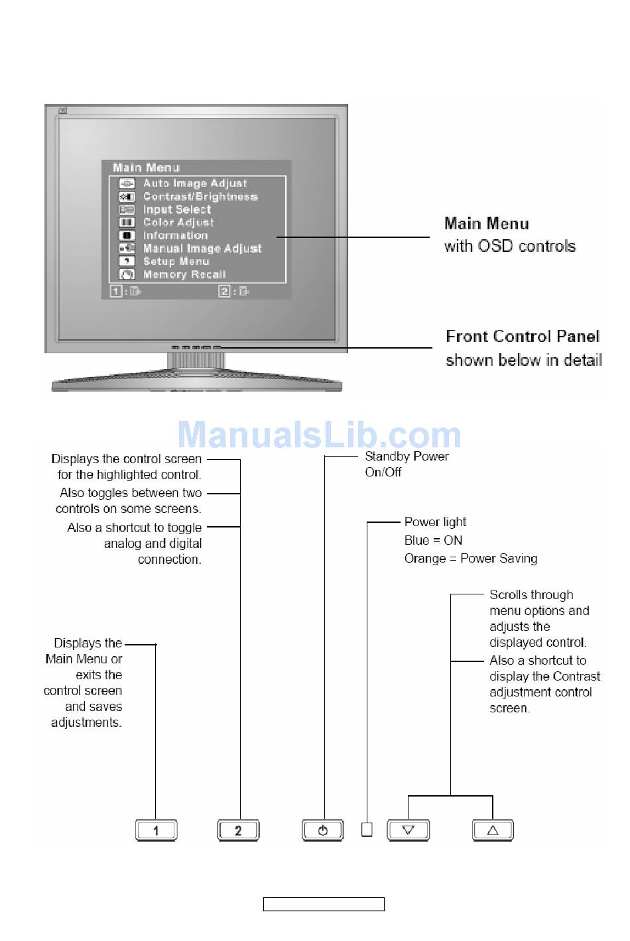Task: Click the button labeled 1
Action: click(x=156, y=830)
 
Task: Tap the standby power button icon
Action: click(x=323, y=830)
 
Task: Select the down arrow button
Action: click(x=409, y=830)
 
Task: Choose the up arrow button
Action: click(x=493, y=830)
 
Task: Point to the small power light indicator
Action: click(x=367, y=829)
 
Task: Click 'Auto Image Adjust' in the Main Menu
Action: click(x=195, y=184)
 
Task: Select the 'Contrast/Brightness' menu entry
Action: click(x=200, y=197)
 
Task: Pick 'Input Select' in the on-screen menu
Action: click(x=177, y=209)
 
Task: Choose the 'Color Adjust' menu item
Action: click(x=178, y=223)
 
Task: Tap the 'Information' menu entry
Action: click(x=176, y=235)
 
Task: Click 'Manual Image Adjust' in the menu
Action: click(x=202, y=249)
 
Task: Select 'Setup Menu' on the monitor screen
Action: click(x=176, y=261)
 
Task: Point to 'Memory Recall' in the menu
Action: click(x=184, y=274)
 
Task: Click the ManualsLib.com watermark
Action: click(x=319, y=435)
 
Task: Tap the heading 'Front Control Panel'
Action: click(x=523, y=337)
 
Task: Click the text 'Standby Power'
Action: click(x=407, y=457)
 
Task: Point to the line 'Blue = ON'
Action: click(x=433, y=541)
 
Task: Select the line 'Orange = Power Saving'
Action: click(x=471, y=559)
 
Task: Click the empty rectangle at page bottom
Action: click(x=324, y=905)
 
